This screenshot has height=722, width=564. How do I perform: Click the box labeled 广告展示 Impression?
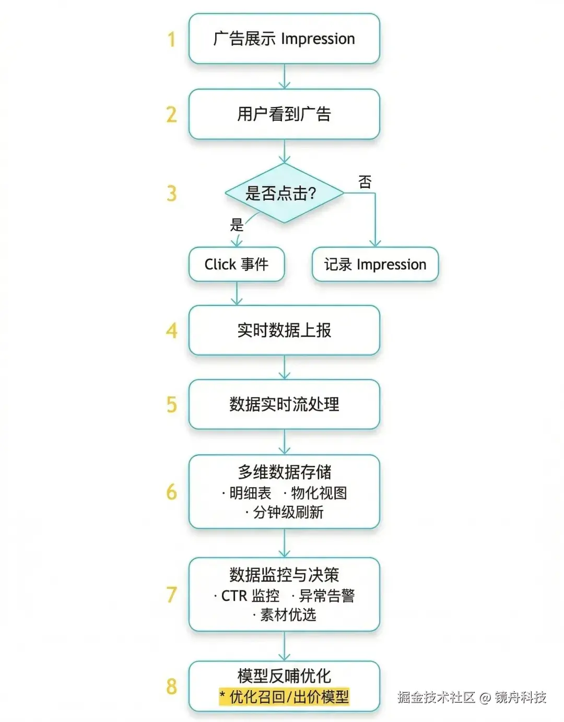[x=284, y=39]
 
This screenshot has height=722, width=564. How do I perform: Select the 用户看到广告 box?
[x=284, y=114]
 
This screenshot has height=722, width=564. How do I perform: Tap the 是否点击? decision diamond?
[x=284, y=193]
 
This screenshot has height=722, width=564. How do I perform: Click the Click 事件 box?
[x=237, y=264]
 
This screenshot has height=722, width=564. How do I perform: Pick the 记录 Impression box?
[x=375, y=264]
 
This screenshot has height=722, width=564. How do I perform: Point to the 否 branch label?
[x=365, y=182]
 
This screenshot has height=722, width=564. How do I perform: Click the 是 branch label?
[x=237, y=225]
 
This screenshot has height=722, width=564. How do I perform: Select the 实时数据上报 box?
[x=284, y=330]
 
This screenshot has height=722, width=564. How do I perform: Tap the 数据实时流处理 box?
[x=284, y=404]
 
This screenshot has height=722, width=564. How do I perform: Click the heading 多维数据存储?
[x=284, y=472]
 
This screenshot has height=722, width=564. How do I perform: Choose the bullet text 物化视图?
[x=319, y=493]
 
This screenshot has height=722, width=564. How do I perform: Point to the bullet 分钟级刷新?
[x=288, y=512]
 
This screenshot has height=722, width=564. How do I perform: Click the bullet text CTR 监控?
[x=250, y=596]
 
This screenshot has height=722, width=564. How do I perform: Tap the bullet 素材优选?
[x=288, y=615]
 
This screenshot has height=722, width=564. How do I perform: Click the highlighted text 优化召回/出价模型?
[x=289, y=696]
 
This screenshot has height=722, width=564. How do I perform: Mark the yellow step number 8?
[x=172, y=687]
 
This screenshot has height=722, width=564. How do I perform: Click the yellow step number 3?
[x=172, y=194]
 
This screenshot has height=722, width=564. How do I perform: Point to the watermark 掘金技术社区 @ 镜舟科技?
[x=472, y=697]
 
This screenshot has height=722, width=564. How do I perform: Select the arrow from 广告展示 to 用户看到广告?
[x=284, y=76]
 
